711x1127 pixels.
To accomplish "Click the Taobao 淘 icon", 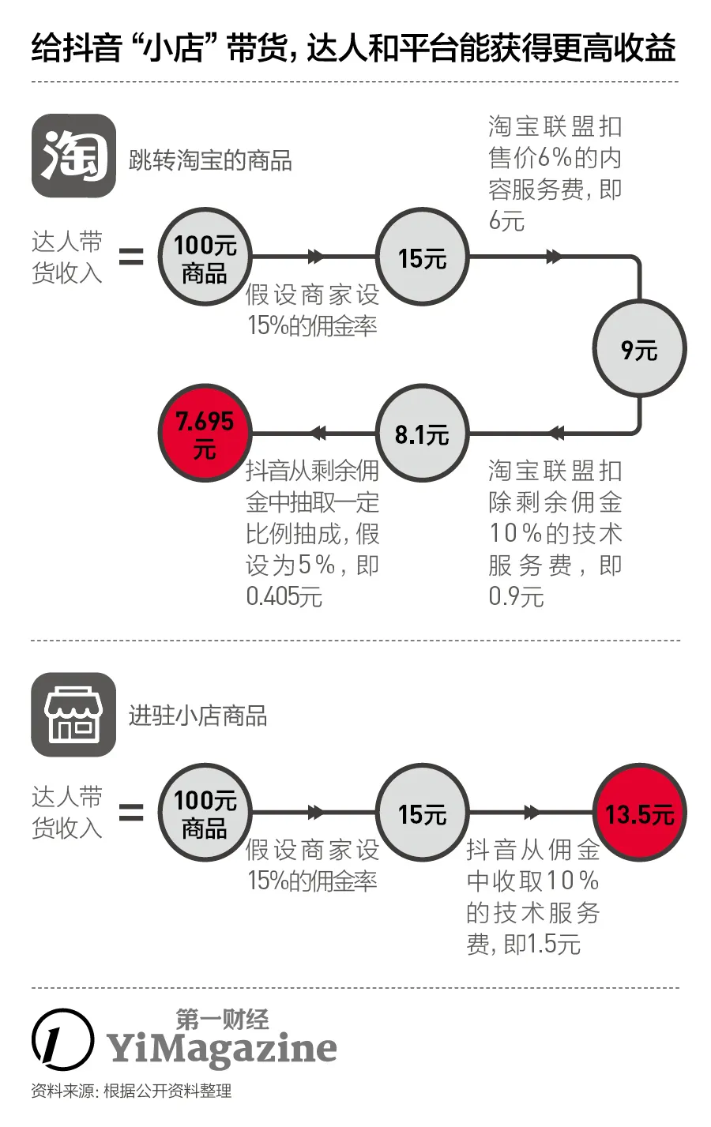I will coord(73,156).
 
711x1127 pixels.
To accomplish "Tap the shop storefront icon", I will coord(73,714).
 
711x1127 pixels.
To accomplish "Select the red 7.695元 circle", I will coord(205,434).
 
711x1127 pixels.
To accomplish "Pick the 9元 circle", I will coord(639,348).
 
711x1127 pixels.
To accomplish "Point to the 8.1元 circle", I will coord(422,434).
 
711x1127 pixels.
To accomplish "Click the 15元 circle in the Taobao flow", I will coord(422,257).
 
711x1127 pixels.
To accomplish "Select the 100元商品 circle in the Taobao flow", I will coord(205,258).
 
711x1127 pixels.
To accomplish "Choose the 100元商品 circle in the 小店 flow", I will coord(205,813).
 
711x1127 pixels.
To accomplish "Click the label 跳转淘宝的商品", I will coord(210,160).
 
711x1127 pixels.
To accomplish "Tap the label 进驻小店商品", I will coord(197,716).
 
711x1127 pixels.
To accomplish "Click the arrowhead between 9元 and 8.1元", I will coord(556,433).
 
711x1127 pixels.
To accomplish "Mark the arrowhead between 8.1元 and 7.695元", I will coord(318,433).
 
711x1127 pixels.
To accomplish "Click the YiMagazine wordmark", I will coord(223,1049).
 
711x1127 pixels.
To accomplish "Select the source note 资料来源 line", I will coord(131,1091).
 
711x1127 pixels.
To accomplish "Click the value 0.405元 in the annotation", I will coord(284,596).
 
